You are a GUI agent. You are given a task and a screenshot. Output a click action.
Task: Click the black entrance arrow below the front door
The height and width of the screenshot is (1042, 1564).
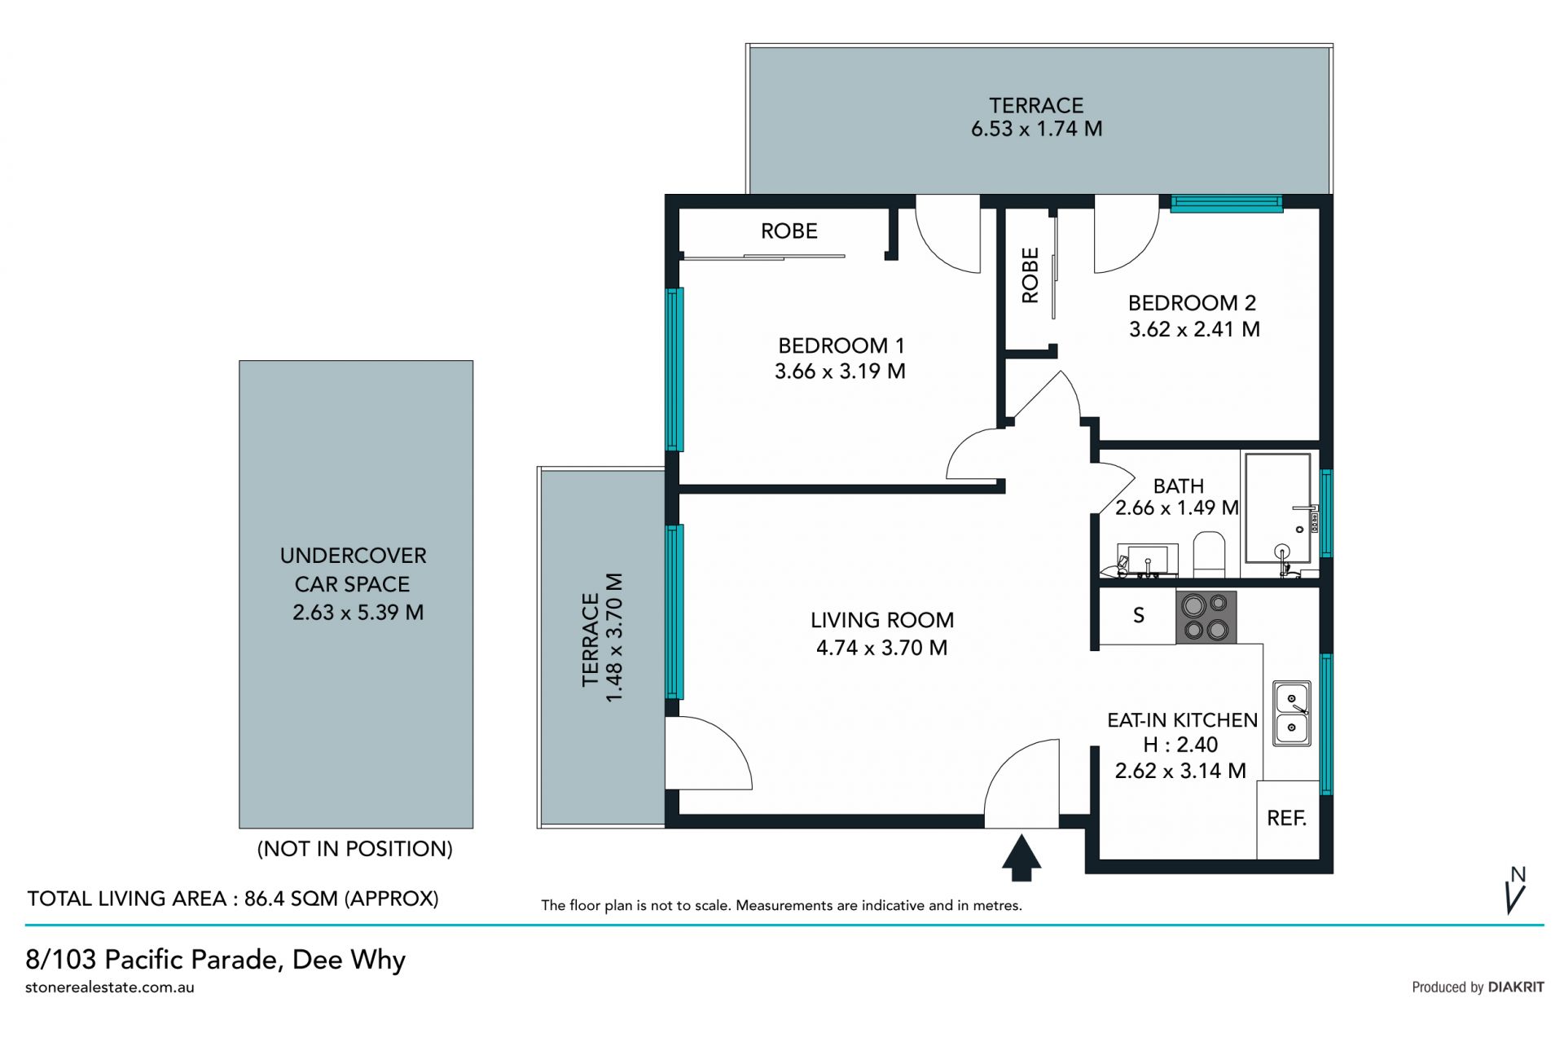click(1021, 858)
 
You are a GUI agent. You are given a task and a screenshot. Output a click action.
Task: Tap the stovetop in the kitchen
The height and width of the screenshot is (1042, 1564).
click(1206, 617)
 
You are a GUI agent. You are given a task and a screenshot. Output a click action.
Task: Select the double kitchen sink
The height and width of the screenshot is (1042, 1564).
click(1292, 714)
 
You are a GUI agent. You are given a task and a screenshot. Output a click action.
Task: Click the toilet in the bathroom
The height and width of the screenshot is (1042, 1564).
click(1209, 555)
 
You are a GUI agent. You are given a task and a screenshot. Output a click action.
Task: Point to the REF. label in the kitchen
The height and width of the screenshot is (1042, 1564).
click(1287, 818)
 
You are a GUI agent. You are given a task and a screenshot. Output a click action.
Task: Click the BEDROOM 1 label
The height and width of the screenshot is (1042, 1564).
click(841, 345)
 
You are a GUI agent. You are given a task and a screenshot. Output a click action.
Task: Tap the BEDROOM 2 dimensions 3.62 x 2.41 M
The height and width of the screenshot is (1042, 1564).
click(1194, 329)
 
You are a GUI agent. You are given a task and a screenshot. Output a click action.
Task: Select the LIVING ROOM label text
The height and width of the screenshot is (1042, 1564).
click(882, 620)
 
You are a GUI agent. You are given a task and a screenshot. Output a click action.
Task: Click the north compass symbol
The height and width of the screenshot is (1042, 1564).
click(1516, 890)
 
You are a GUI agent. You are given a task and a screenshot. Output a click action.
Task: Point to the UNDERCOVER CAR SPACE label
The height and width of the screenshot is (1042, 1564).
click(354, 569)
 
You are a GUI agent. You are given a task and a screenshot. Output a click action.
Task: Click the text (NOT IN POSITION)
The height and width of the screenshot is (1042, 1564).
click(354, 849)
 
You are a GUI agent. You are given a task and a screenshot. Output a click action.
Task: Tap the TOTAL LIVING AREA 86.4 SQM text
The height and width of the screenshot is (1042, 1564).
click(233, 899)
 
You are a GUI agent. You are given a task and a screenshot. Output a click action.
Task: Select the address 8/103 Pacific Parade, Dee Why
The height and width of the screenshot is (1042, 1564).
click(216, 960)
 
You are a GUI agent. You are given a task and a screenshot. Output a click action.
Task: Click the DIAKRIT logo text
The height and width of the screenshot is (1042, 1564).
click(1516, 987)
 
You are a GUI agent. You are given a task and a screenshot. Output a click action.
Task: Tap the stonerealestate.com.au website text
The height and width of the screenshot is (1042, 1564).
click(110, 987)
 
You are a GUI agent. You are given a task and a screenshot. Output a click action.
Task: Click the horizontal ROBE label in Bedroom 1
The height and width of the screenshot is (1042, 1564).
click(789, 231)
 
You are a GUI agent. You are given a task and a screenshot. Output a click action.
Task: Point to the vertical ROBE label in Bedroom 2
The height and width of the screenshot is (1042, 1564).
click(1030, 275)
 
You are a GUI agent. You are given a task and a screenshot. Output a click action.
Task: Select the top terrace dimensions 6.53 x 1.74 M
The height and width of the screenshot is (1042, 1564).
click(1037, 129)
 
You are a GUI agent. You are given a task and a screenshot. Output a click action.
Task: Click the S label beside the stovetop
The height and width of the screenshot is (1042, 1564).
click(1139, 616)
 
